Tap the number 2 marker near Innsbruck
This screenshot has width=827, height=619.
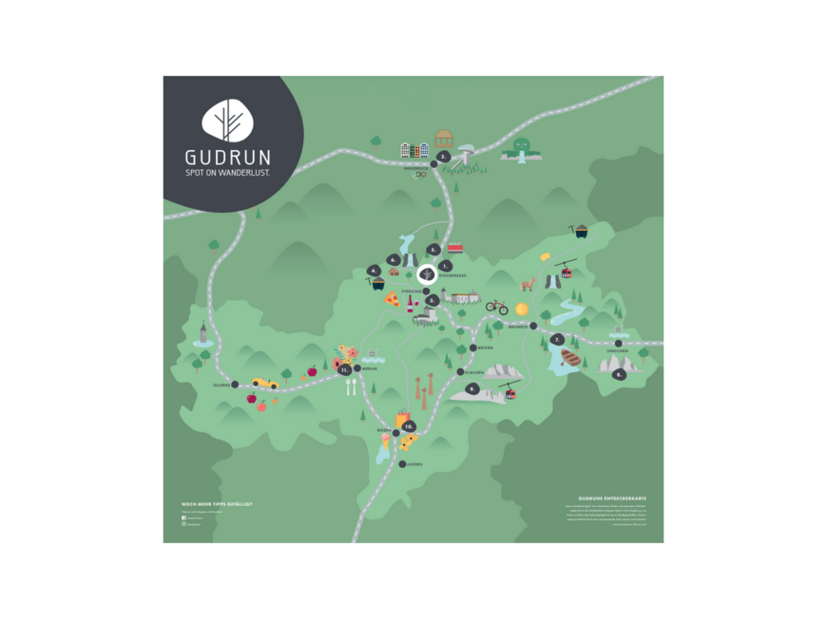point(443,157)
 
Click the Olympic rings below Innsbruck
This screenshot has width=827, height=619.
point(419,175)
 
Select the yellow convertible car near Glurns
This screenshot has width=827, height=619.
point(264,383)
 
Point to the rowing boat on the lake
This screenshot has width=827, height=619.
point(571,357)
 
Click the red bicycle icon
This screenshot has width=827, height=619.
point(496,307)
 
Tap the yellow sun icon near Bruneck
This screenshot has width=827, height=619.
point(521,309)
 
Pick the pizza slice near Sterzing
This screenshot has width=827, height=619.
point(391,300)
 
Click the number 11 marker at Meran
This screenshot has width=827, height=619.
point(344,371)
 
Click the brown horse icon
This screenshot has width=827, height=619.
point(529,284)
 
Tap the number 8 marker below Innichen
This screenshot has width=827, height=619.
point(619,375)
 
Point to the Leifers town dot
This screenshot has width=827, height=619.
point(402,464)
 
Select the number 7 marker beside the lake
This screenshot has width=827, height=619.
point(557,339)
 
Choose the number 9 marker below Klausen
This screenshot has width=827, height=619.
point(472,389)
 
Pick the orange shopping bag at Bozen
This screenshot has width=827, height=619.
point(402,418)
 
